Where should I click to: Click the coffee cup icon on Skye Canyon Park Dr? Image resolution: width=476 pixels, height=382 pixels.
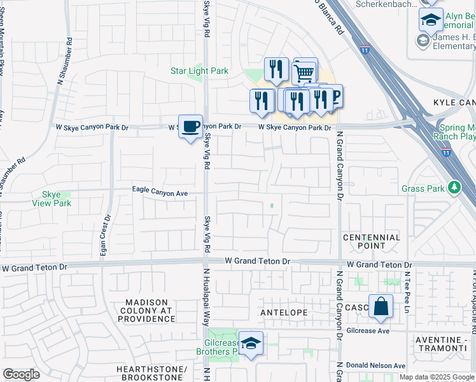pyautogui.click(x=190, y=127)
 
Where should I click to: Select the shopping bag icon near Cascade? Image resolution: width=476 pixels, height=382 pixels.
pyautogui.click(x=380, y=306)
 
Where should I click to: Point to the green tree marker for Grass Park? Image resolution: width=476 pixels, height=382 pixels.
pyautogui.click(x=454, y=188)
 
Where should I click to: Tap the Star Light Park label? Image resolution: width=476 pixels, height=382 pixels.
pyautogui.click(x=199, y=71)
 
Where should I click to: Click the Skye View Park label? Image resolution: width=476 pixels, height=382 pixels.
pyautogui.click(x=52, y=199)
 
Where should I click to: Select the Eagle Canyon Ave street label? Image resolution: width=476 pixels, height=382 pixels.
pyautogui.click(x=160, y=190)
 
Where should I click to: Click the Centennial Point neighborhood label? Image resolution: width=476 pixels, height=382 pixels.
pyautogui.click(x=372, y=241)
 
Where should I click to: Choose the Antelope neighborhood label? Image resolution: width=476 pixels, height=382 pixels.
pyautogui.click(x=284, y=313)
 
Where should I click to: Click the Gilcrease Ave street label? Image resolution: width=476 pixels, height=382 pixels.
pyautogui.click(x=368, y=331)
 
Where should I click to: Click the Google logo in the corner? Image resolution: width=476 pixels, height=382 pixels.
pyautogui.click(x=21, y=374)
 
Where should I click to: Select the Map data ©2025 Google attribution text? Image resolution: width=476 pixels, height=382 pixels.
pyautogui.click(x=436, y=377)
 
